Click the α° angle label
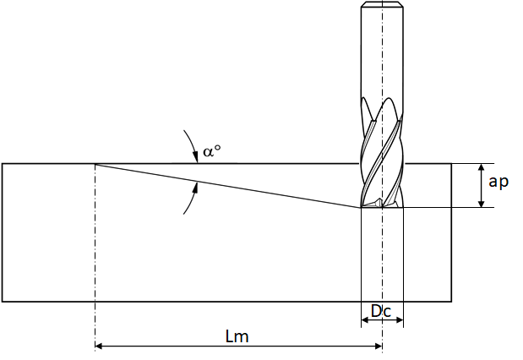[212, 151]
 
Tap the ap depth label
[498, 183]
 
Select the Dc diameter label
[381, 311]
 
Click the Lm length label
[237, 336]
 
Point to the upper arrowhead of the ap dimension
[481, 166]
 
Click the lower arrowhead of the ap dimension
[481, 204]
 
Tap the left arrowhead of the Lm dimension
[99, 346]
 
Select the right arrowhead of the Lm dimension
[379, 346]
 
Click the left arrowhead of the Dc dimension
[365, 320]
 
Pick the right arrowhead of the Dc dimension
[400, 320]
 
